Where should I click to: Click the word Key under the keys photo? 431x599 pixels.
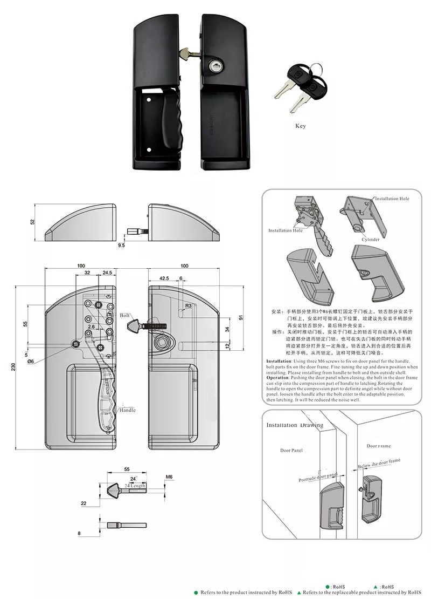coord(300,126)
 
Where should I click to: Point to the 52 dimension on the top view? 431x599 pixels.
coord(32,221)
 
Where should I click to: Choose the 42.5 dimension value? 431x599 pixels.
coord(164,278)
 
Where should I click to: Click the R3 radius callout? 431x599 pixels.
coord(188,306)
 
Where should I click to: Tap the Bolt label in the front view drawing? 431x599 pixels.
coord(125,315)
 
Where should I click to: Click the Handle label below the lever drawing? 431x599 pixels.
coord(128,410)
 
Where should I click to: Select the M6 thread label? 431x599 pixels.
coord(169,477)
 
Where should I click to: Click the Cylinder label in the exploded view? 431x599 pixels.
coord(370,240)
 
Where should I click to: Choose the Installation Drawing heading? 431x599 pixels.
coord(295,425)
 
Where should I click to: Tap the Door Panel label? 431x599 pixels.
coord(291,450)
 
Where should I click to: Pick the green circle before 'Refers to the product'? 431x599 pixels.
coord(196,592)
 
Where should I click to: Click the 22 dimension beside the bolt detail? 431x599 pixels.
coord(84,503)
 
